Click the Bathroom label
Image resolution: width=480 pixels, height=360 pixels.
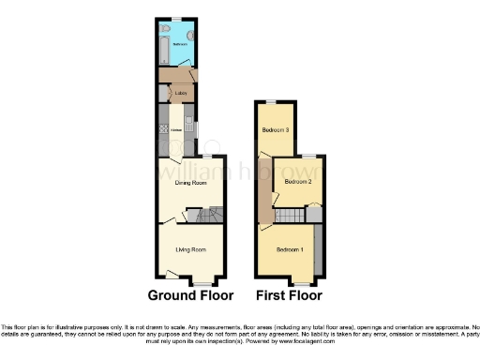point(175,43)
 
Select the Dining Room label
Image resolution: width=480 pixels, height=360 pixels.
point(191,183)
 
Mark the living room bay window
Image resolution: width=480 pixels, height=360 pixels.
point(202,281)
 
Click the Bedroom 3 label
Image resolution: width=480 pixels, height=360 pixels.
point(275,130)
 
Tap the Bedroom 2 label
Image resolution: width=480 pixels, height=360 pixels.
point(297,181)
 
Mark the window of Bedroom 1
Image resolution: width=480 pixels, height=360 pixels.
point(301,281)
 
